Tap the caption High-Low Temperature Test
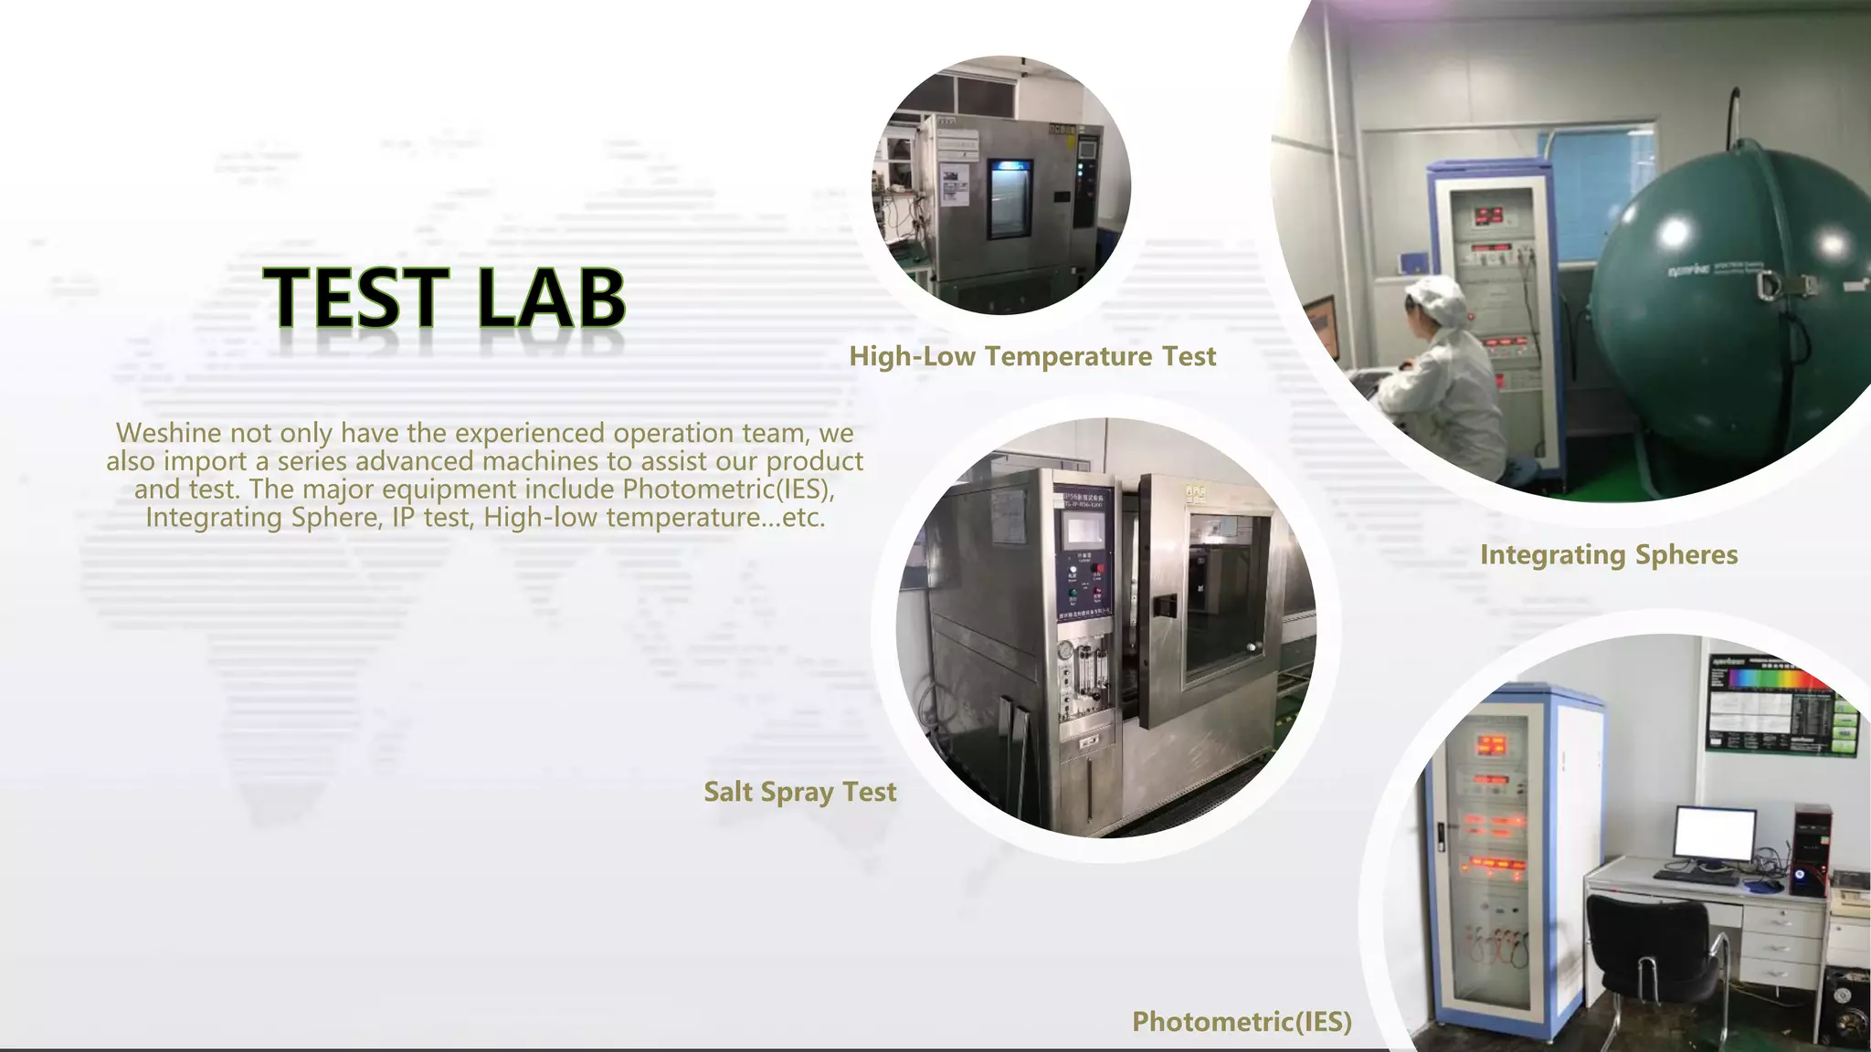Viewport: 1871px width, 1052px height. pyautogui.click(x=1032, y=356)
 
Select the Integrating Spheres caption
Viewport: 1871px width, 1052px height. pyautogui.click(x=1609, y=554)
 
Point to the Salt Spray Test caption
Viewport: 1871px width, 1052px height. pyautogui.click(x=799, y=791)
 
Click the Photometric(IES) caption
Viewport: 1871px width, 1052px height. pyautogui.click(x=1242, y=1021)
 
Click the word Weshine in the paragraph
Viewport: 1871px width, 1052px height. pyautogui.click(x=168, y=433)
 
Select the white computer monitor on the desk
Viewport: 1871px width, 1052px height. pyautogui.click(x=1714, y=835)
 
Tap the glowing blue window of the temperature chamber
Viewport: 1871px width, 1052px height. pyautogui.click(x=1009, y=195)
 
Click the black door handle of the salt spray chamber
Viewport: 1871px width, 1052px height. pyautogui.click(x=1163, y=605)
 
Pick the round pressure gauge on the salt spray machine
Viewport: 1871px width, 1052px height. pyautogui.click(x=1065, y=651)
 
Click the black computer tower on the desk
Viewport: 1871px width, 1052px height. pyautogui.click(x=1811, y=849)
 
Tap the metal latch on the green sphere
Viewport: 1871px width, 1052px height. pyautogui.click(x=1770, y=285)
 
